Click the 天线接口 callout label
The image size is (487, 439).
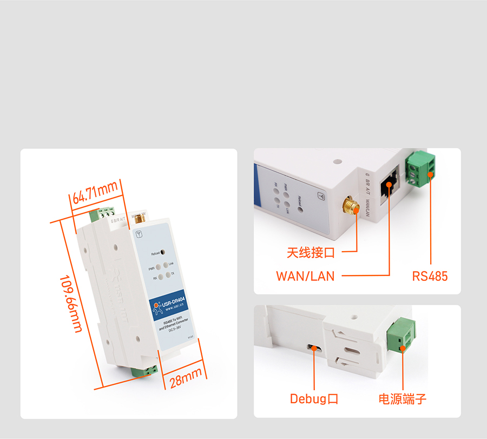pyautogui.click(x=311, y=252)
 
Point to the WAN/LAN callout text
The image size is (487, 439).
pyautogui.click(x=305, y=276)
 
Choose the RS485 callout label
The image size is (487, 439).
pyautogui.click(x=430, y=276)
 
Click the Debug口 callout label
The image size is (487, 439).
pyautogui.click(x=314, y=399)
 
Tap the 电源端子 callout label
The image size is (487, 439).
pyautogui.click(x=403, y=399)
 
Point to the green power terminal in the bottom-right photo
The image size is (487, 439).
pyautogui.click(x=403, y=335)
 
